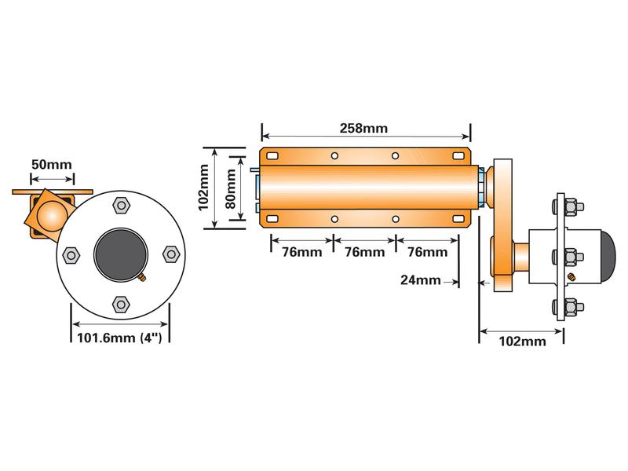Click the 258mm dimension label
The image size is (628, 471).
click(x=363, y=128)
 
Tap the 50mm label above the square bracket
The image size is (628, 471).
click(x=51, y=165)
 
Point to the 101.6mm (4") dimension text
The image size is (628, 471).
click(x=120, y=339)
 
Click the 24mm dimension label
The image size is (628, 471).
click(x=420, y=279)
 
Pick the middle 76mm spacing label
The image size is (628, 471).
click(x=363, y=252)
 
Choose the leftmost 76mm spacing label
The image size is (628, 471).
click(x=301, y=252)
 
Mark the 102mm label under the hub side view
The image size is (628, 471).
click(x=522, y=341)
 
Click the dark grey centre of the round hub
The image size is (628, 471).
click(x=120, y=254)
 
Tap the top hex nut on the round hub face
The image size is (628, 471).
click(x=120, y=206)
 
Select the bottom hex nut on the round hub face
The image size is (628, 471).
click(x=120, y=303)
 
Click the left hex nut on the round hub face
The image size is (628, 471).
click(x=71, y=255)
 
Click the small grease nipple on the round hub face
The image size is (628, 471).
click(x=141, y=279)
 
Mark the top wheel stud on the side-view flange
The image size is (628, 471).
click(x=568, y=207)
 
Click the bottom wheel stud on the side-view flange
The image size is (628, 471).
click(x=568, y=305)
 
